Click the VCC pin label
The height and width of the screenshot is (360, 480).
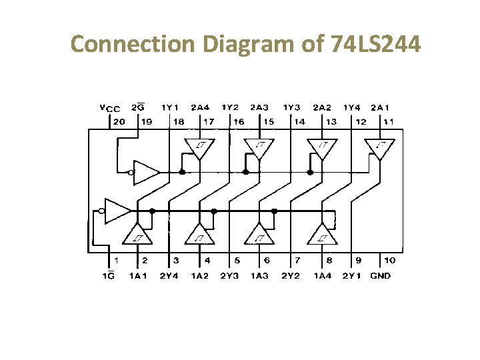tap(109, 108)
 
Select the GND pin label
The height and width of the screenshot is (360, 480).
tap(380, 276)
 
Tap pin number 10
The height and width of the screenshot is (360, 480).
tap(390, 261)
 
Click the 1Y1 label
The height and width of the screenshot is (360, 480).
tap(170, 107)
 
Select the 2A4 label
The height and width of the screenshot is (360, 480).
tap(200, 107)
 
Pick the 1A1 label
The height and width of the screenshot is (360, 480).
tap(138, 276)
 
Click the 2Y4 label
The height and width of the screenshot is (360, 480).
tap(169, 276)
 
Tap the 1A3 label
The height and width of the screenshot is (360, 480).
tap(260, 276)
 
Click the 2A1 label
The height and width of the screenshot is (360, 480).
tap(381, 107)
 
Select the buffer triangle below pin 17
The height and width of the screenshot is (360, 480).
tap(201, 147)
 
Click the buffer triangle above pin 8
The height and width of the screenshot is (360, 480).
tap(323, 234)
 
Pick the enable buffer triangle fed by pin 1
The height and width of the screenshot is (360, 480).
tap(117, 211)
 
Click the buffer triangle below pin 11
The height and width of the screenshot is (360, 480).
tap(382, 147)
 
